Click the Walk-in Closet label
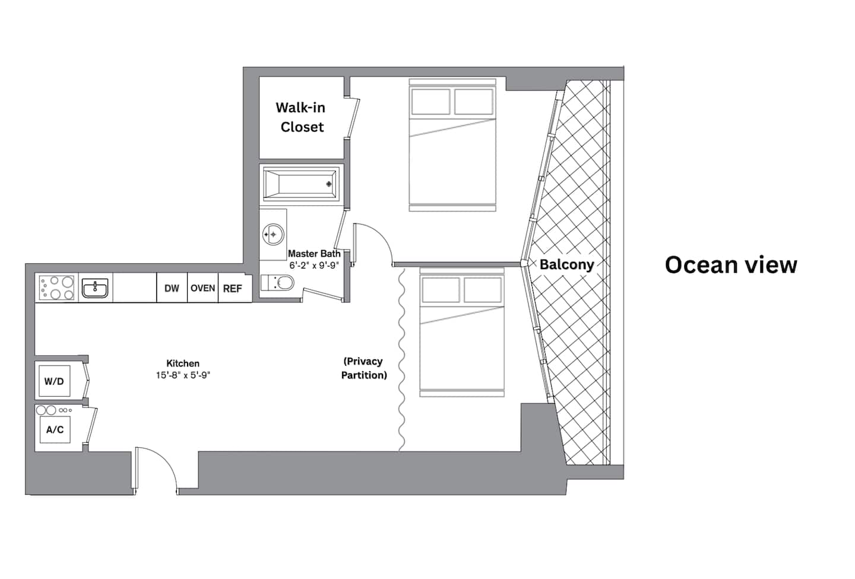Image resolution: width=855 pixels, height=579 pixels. click(301, 117)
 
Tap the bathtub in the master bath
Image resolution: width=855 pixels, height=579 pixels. click(301, 184)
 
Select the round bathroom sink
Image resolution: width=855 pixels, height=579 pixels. click(273, 234)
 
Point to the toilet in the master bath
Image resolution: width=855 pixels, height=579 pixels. click(277, 283)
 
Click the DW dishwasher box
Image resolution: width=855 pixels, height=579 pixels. click(172, 288)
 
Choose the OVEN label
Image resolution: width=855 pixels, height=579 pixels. click(202, 288)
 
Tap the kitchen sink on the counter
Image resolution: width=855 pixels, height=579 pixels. click(95, 288)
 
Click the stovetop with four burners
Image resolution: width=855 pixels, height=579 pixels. click(57, 287)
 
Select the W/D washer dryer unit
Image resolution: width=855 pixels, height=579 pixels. click(55, 381)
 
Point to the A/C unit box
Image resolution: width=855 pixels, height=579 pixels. click(55, 430)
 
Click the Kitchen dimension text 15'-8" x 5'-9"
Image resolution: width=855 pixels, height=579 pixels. click(183, 375)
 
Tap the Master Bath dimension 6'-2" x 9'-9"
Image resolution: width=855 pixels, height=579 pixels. click(314, 265)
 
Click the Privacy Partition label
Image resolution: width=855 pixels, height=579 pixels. click(364, 368)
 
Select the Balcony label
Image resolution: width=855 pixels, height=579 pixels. click(567, 264)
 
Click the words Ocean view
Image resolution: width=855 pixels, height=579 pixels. click(731, 265)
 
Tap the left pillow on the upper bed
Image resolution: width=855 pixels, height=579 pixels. click(430, 102)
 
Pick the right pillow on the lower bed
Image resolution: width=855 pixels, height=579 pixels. click(483, 290)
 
